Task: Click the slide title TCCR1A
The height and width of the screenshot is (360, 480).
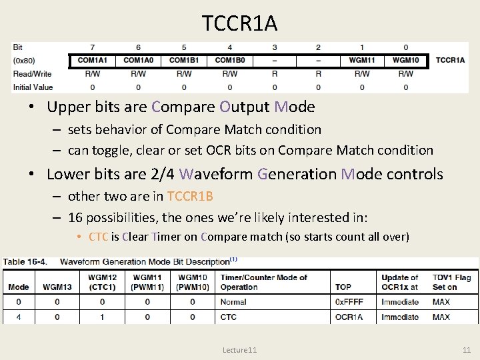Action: click(x=240, y=24)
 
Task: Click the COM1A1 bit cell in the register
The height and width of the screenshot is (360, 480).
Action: click(x=93, y=61)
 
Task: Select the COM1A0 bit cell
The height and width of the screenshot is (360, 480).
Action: click(x=138, y=61)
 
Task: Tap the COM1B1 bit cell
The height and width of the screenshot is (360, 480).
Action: click(x=184, y=61)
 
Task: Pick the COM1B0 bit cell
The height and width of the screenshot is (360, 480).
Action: click(x=229, y=61)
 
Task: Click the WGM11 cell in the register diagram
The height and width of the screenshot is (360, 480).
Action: click(x=362, y=61)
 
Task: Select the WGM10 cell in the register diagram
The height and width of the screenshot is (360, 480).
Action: click(x=405, y=61)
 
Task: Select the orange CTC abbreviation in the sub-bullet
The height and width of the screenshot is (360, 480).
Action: click(x=99, y=237)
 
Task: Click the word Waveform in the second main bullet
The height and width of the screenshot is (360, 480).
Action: click(x=216, y=175)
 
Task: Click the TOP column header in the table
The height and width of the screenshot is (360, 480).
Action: click(x=343, y=287)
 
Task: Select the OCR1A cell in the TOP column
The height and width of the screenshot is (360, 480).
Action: click(x=349, y=317)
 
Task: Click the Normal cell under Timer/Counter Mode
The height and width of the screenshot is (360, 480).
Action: click(x=233, y=302)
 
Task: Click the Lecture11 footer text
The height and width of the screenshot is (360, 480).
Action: click(x=240, y=350)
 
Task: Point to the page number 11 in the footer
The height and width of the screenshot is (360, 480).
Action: click(x=466, y=350)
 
